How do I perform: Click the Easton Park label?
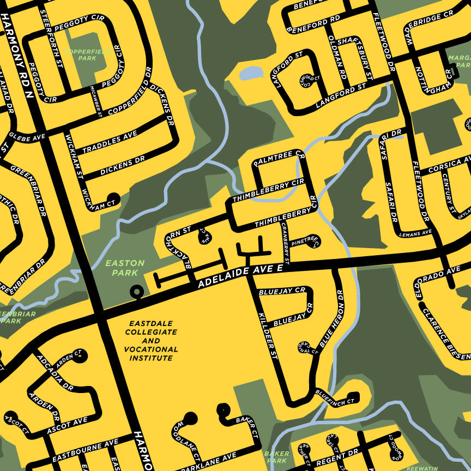[x=125, y=268]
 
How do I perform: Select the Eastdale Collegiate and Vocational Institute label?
[x=151, y=341]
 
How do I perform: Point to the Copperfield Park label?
[x=87, y=55]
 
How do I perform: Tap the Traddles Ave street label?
[x=110, y=142]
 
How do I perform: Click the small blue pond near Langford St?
[x=251, y=73]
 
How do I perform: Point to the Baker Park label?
[x=276, y=457]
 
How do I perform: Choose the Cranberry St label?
[x=286, y=244]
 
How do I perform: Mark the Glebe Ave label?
[x=26, y=137]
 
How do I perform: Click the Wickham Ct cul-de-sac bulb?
[x=113, y=198]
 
